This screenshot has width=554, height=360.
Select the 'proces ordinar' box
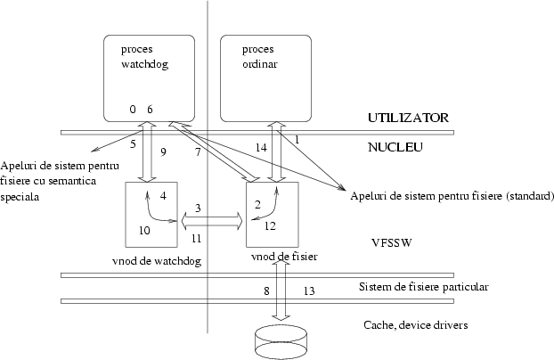pyautogui.click(x=265, y=77)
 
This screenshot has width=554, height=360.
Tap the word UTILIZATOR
pyautogui.click(x=408, y=118)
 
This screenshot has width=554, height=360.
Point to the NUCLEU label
pyautogui.click(x=395, y=147)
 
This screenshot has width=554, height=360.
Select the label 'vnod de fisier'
pyautogui.click(x=285, y=257)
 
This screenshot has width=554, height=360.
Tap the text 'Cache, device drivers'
pyautogui.click(x=416, y=324)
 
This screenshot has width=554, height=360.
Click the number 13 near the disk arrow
pyautogui.click(x=309, y=290)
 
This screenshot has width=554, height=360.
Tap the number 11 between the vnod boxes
pyautogui.click(x=196, y=240)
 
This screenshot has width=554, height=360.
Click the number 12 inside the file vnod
pyautogui.click(x=271, y=226)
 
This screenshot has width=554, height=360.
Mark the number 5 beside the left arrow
pyautogui.click(x=132, y=143)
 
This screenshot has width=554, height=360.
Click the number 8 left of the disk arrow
pyautogui.click(x=265, y=290)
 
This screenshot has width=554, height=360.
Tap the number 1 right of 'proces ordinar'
pyautogui.click(x=297, y=140)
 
